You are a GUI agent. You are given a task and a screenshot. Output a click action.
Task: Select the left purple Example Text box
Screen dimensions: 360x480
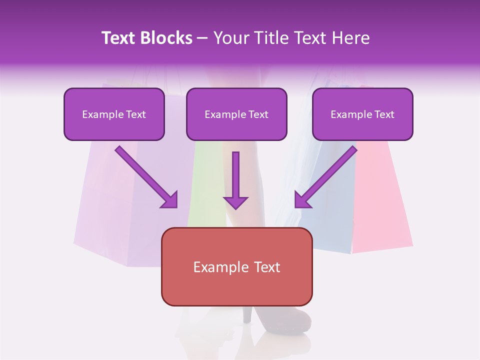[114, 114]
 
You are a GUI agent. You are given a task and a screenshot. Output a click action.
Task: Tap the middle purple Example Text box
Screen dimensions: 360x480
[236, 114]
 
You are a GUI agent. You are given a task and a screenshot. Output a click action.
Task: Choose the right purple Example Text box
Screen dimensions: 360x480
[362, 114]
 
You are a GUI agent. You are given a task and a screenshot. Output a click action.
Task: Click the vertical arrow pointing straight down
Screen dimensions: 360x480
[235, 180]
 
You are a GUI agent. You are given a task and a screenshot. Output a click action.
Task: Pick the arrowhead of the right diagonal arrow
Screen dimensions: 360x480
[302, 200]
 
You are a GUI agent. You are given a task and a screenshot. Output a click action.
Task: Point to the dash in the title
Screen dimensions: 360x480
[202, 38]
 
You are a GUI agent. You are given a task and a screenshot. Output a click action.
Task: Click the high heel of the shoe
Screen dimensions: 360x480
[247, 315]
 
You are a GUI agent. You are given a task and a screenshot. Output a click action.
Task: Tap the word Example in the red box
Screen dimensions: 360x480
[217, 267]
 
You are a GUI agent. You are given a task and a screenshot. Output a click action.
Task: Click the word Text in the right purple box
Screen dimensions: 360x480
[384, 114]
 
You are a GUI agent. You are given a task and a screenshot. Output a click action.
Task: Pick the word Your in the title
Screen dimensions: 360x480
[230, 38]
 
